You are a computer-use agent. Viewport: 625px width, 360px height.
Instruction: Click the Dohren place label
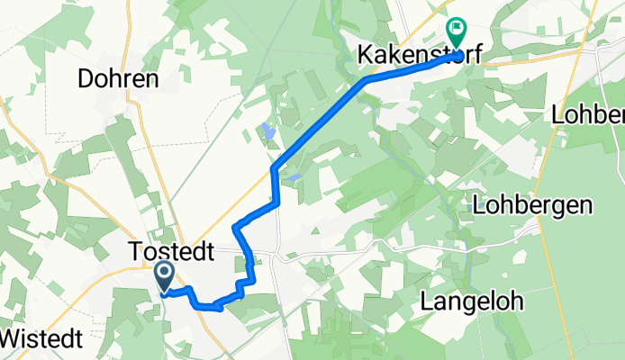click(118, 79)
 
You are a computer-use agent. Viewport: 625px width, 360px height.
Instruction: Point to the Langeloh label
click(471, 302)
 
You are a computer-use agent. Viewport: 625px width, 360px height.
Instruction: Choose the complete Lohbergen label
click(531, 206)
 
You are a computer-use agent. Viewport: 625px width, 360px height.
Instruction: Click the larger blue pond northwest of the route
click(268, 133)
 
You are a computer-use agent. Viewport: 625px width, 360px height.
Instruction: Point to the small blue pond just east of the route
click(294, 177)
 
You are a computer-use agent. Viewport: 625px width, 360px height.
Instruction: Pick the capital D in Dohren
click(86, 79)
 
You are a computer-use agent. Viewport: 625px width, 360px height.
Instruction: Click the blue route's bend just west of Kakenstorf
click(367, 81)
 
